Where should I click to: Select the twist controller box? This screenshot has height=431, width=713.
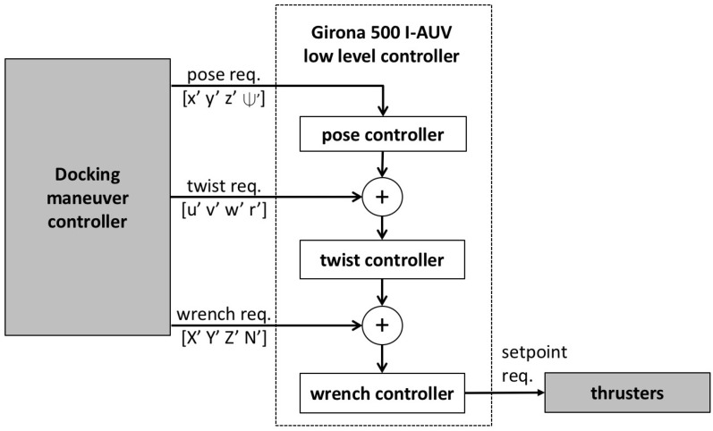pos(384,261)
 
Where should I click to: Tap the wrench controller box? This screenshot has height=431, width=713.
pos(384,391)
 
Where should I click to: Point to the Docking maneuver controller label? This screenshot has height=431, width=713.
pos(88,194)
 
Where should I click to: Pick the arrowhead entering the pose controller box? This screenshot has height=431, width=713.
pos(384,111)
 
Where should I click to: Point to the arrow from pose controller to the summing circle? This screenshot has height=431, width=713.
pos(384,165)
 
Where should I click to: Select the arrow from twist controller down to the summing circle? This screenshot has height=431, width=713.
pos(384,292)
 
